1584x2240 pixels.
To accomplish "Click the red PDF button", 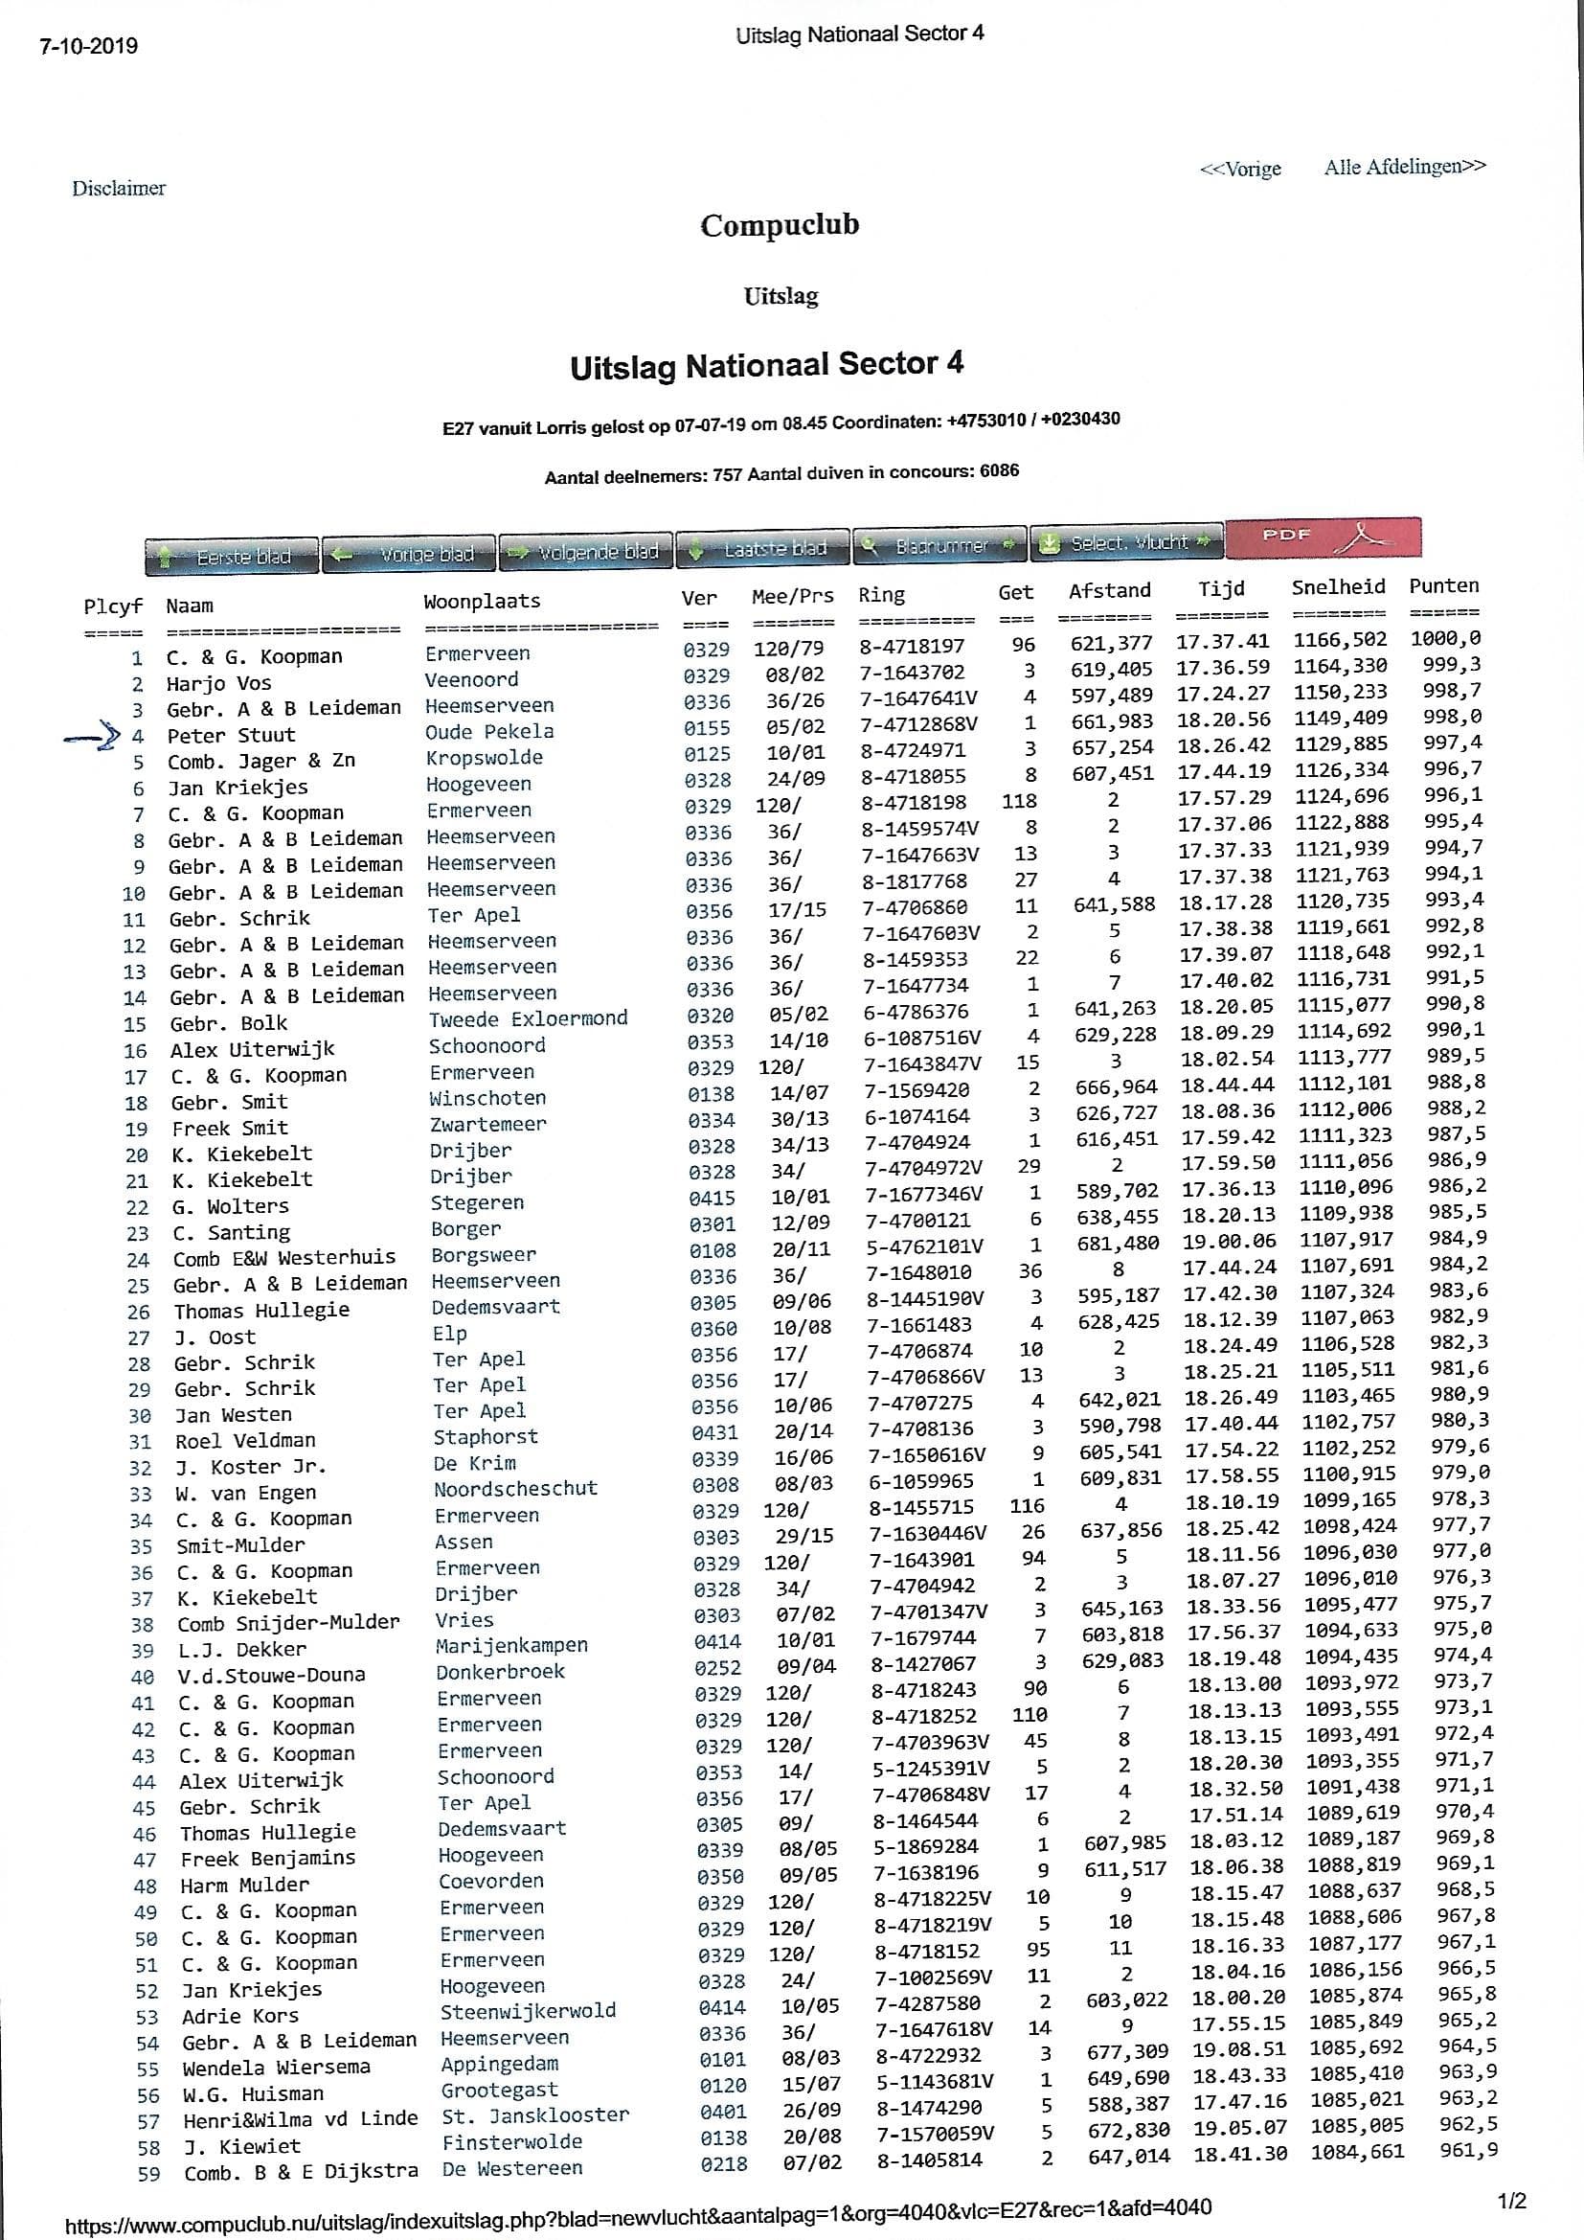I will pyautogui.click(x=1322, y=537).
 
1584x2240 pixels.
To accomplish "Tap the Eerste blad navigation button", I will pyautogui.click(x=232, y=556).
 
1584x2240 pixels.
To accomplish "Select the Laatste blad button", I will pyautogui.click(x=762, y=548).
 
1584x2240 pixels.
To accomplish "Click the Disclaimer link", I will pyautogui.click(x=119, y=189).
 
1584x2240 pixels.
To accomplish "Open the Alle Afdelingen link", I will pyautogui.click(x=1405, y=167).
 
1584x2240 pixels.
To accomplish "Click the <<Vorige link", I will pyautogui.click(x=1240, y=169).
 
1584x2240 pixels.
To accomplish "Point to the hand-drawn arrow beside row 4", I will pyautogui.click(x=93, y=739).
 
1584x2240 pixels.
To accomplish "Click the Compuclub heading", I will pyautogui.click(x=780, y=225).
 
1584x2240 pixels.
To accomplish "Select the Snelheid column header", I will pyautogui.click(x=1338, y=587).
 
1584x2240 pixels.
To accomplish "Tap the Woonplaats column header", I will pyautogui.click(x=482, y=601).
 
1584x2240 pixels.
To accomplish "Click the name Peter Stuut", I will pyautogui.click(x=231, y=736).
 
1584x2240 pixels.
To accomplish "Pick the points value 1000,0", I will pyautogui.click(x=1445, y=639).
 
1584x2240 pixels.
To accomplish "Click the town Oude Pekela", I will pyautogui.click(x=489, y=732).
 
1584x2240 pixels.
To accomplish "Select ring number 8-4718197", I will pyautogui.click(x=912, y=646).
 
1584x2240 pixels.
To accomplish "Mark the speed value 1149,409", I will pyautogui.click(x=1341, y=718).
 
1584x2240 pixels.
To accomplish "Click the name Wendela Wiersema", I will pyautogui.click(x=276, y=2067).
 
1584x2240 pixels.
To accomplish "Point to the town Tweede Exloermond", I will pyautogui.click(x=528, y=1018).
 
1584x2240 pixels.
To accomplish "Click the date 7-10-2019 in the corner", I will pyautogui.click(x=89, y=46).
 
